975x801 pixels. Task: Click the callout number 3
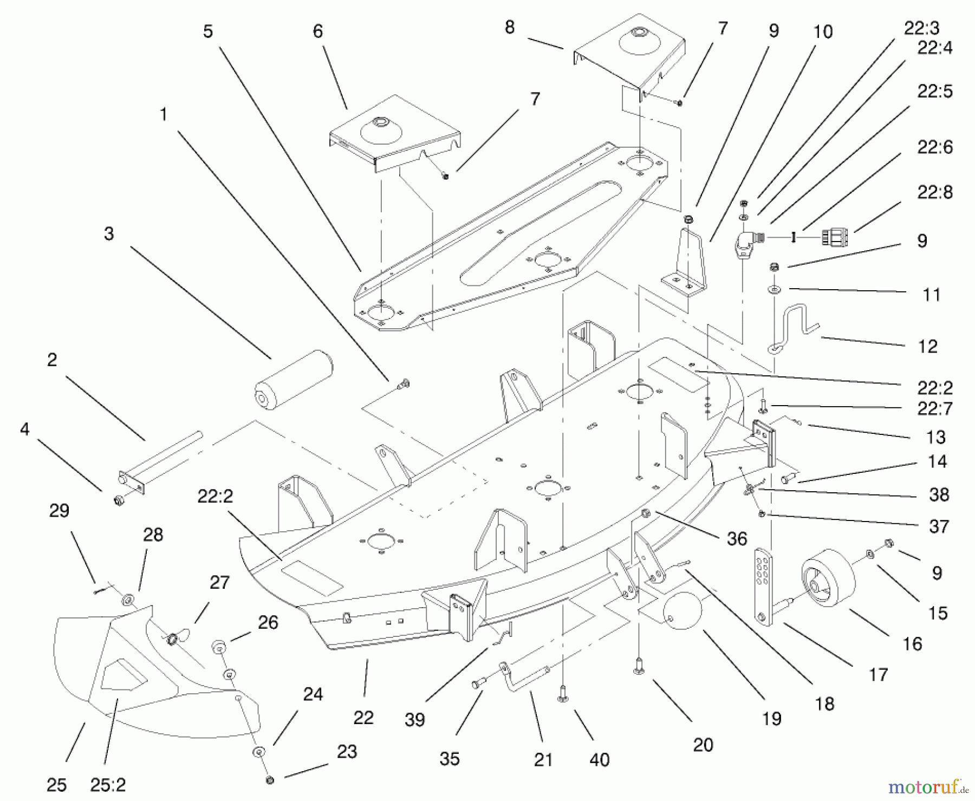coord(109,234)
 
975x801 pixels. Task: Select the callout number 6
coord(318,31)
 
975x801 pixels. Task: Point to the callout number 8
coord(509,28)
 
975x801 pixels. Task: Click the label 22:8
coord(934,192)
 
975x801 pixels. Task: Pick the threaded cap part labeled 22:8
coord(835,237)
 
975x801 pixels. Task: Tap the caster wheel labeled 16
coord(828,577)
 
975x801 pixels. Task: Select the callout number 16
coord(912,644)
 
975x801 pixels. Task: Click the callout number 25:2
coord(108,785)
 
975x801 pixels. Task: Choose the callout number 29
coord(59,511)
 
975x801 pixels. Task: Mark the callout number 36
coord(737,538)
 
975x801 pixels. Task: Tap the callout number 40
coord(599,760)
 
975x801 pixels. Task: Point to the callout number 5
coord(208,31)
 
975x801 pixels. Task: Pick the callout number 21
coord(543,760)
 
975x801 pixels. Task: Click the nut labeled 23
coord(270,780)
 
